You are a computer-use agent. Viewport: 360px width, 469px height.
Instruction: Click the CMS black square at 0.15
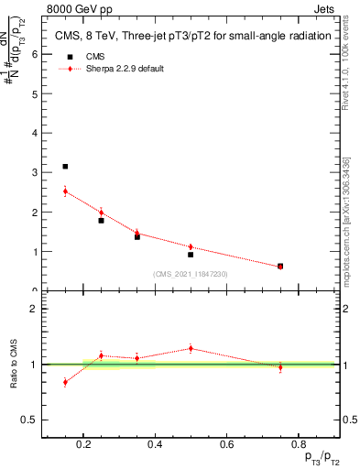[65, 167]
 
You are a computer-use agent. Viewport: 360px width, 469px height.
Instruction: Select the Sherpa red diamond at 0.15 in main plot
[65, 191]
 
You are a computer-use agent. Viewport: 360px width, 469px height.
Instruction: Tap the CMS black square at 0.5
[191, 255]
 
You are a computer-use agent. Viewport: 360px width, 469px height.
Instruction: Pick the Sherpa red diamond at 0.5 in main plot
[191, 247]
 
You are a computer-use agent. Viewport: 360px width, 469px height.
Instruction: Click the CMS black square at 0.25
[101, 221]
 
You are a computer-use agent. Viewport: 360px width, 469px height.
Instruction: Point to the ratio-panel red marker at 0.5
[191, 348]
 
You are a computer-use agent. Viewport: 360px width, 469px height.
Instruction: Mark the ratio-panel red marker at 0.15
[65, 382]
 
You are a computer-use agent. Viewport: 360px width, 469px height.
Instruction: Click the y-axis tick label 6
[34, 54]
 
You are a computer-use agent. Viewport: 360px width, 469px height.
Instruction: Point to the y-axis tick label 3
[34, 172]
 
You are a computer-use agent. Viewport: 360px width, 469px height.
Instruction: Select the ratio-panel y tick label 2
[34, 309]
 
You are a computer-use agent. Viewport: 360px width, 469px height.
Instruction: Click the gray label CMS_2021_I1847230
[191, 274]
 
